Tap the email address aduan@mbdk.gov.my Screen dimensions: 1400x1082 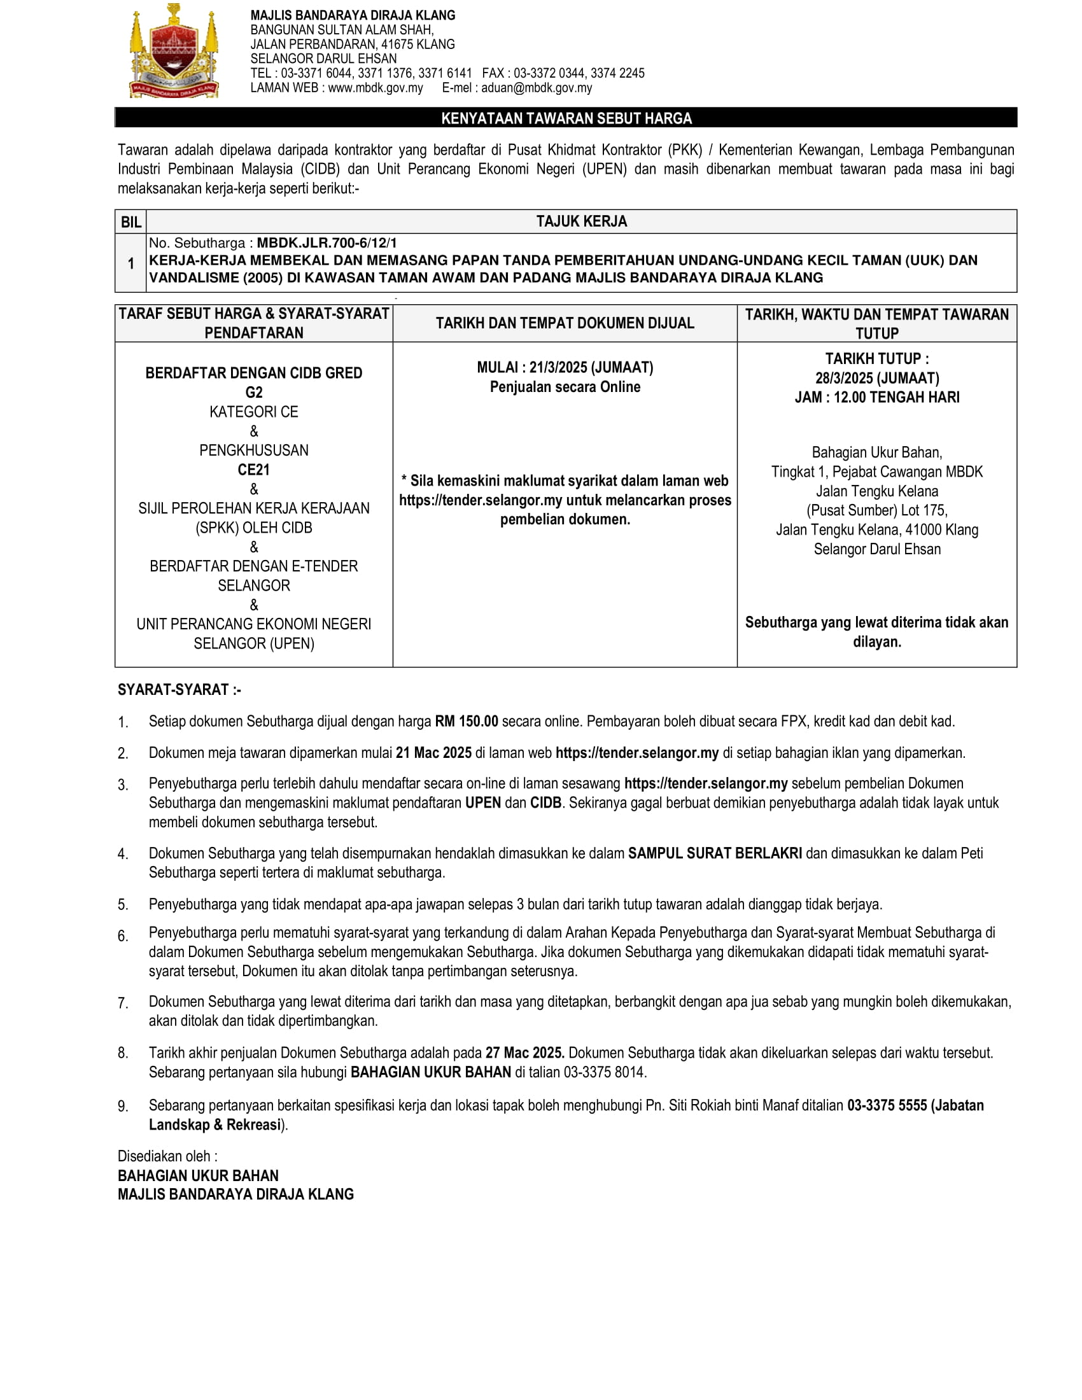(537, 88)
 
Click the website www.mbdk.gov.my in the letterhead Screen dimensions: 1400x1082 (375, 88)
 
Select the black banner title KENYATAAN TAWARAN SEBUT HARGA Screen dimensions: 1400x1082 (566, 118)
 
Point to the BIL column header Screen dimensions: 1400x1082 (130, 222)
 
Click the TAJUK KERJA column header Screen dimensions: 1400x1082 (581, 221)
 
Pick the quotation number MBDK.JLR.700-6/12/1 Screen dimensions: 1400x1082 (327, 243)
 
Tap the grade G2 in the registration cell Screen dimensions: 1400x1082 (254, 392)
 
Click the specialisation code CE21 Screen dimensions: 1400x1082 (254, 470)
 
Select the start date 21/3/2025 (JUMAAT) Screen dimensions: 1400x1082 (591, 367)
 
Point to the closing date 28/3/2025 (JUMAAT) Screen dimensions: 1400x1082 (877, 378)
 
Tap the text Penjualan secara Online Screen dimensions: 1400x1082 (565, 387)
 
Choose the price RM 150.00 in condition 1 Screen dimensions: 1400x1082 (466, 721)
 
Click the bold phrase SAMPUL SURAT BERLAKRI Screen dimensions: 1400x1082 (715, 853)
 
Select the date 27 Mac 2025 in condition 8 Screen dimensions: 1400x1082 (524, 1053)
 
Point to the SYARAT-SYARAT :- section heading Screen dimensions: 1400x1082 (179, 690)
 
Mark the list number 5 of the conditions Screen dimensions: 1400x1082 (122, 904)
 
